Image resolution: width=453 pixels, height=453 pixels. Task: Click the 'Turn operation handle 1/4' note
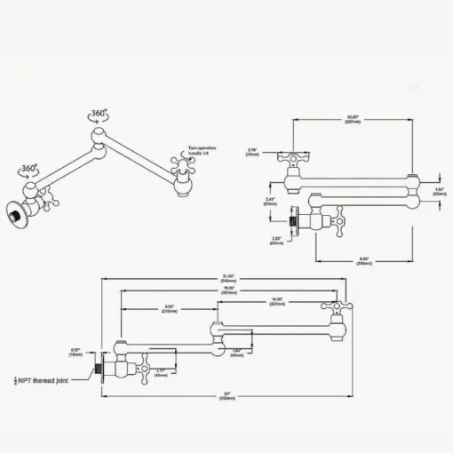(203, 153)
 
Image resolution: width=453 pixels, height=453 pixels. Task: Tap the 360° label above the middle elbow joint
(99, 115)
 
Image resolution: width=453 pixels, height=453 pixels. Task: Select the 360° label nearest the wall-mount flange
(30, 169)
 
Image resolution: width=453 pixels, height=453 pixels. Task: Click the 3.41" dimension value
(269, 202)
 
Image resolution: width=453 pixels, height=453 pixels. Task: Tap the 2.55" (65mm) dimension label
(278, 239)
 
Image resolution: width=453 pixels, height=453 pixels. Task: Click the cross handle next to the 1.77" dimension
(144, 367)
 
